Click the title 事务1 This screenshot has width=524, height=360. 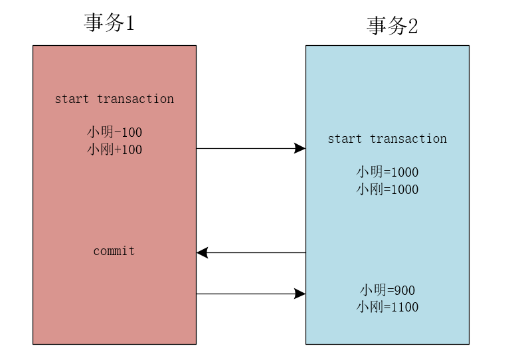point(109,23)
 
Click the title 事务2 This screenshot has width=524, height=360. point(392,26)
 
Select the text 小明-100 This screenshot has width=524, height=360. point(114,132)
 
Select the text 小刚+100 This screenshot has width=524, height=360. point(114,149)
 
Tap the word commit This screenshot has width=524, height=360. point(114,251)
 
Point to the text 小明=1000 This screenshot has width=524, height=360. point(387,172)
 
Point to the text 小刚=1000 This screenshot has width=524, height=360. point(387,189)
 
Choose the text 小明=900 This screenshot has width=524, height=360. point(387,290)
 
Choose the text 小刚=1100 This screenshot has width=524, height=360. point(387,308)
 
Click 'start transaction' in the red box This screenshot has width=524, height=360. point(114,99)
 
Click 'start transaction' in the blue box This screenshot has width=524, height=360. point(387,139)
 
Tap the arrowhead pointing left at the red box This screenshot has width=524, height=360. point(203,252)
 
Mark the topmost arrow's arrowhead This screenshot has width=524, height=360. point(300,148)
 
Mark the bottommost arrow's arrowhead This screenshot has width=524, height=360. point(300,293)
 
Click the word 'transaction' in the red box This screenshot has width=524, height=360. point(135,99)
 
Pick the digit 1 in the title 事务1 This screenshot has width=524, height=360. point(130,23)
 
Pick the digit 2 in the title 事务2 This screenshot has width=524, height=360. point(412,27)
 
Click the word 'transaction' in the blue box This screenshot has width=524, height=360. point(408,139)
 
